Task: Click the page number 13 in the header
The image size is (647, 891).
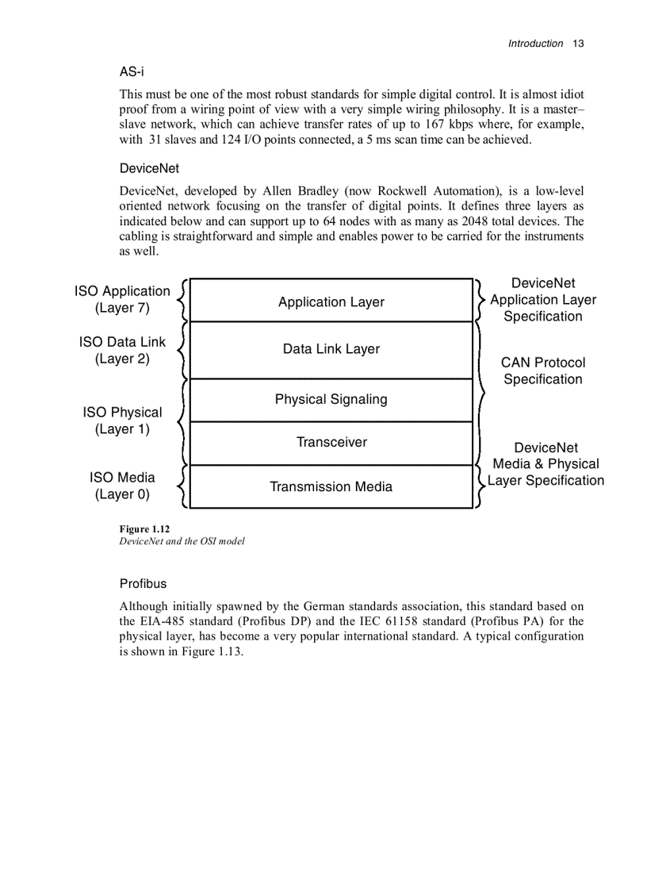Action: (577, 44)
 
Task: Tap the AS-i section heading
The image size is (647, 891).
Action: (132, 71)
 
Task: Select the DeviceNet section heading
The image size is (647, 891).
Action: (149, 168)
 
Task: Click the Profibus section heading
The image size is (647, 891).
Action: (143, 583)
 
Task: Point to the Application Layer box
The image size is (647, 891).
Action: (331, 301)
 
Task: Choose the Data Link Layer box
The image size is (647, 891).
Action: (331, 349)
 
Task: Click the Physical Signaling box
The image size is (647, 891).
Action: (331, 400)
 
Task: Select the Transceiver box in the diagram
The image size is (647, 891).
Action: (331, 443)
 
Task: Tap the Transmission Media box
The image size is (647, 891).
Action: (331, 486)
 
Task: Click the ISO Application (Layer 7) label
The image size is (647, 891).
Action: (122, 300)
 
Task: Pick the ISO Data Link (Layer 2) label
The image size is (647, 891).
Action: (122, 350)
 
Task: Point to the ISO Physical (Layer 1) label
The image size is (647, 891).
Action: (122, 421)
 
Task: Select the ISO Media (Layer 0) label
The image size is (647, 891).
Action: (122, 486)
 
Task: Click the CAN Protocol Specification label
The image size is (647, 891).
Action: (543, 371)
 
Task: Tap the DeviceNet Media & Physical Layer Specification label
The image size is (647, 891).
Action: (546, 464)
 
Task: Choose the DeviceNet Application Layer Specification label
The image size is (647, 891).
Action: (543, 300)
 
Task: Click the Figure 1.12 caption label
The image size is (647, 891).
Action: (144, 528)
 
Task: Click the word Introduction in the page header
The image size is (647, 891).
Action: (535, 44)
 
